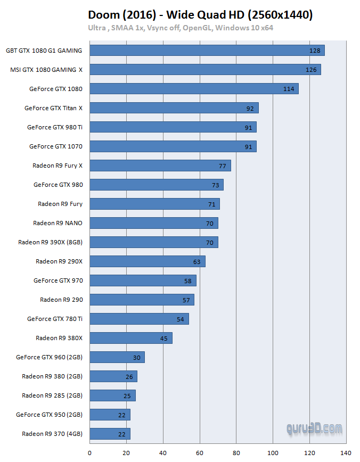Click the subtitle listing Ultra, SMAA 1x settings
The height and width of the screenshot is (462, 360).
click(x=181, y=28)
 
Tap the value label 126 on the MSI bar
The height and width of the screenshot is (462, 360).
click(x=311, y=70)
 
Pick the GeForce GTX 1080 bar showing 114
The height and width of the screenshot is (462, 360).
click(x=194, y=89)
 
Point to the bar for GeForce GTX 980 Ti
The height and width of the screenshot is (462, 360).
click(x=173, y=127)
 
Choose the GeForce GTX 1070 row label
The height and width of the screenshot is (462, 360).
click(x=56, y=146)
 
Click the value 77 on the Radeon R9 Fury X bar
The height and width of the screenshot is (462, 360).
click(x=223, y=166)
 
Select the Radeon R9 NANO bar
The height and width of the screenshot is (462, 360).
click(x=154, y=223)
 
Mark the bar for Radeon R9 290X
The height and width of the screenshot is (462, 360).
click(x=147, y=261)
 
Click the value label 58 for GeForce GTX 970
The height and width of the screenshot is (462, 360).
click(x=188, y=280)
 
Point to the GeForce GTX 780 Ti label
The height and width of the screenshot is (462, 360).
click(x=55, y=319)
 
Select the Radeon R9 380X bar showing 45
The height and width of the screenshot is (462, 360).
click(x=130, y=338)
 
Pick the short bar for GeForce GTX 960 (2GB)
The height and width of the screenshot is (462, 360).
click(x=117, y=357)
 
